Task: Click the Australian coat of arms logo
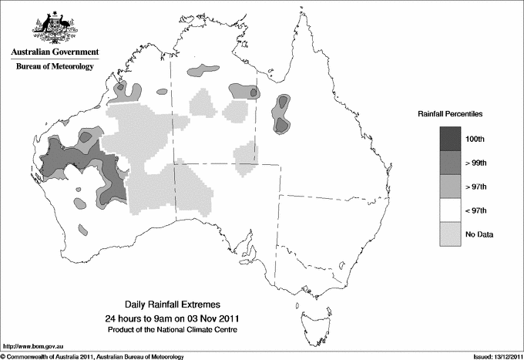pyautogui.click(x=55, y=27)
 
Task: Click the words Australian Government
pyautogui.click(x=55, y=52)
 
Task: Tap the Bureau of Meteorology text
pyautogui.click(x=55, y=67)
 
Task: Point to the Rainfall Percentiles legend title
pyautogui.click(x=450, y=113)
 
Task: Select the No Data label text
pyautogui.click(x=489, y=234)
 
